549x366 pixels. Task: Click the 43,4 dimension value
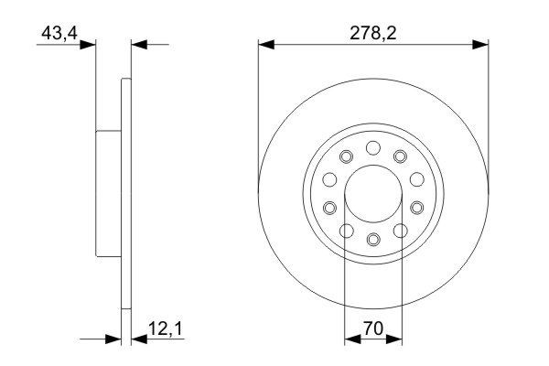point(57,34)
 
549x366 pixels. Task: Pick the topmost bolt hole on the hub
point(372,148)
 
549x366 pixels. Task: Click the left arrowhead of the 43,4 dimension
point(90,43)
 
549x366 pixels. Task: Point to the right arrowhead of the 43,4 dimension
point(140,43)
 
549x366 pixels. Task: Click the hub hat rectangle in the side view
point(109,193)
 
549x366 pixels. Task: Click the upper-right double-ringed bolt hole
point(400,157)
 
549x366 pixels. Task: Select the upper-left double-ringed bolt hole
point(345,157)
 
